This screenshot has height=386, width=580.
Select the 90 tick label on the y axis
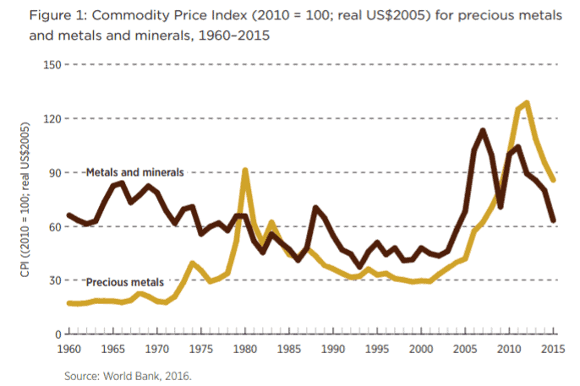click(52, 172)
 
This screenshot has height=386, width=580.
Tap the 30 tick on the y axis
click(52, 280)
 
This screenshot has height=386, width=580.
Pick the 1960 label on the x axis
click(68, 348)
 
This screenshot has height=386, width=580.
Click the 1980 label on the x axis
click(245, 348)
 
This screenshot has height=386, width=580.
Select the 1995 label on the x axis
click(377, 348)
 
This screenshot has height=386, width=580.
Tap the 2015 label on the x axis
click(553, 348)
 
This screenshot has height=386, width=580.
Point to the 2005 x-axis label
click(465, 348)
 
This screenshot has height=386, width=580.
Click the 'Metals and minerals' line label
click(135, 172)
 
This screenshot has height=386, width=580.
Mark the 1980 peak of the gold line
click(245, 171)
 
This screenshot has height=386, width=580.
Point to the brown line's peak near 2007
click(482, 130)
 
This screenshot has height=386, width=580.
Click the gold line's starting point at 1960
click(68, 302)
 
